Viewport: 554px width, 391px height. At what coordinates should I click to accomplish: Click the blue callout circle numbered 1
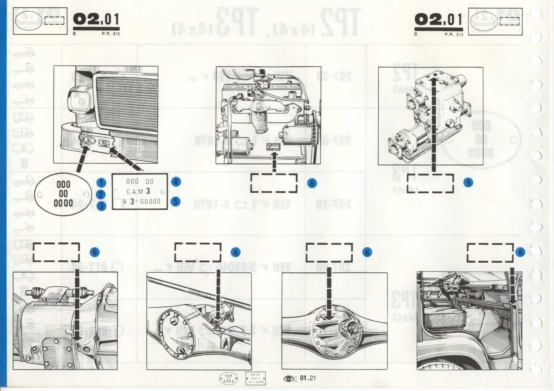101,183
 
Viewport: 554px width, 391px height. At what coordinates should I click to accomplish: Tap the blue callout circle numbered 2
101,195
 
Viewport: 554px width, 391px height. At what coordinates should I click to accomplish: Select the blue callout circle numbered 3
101,206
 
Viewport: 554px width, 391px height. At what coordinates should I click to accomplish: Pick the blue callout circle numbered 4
176,182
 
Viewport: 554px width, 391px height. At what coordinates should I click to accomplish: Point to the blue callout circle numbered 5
176,201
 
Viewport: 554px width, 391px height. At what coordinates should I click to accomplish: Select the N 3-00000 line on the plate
141,201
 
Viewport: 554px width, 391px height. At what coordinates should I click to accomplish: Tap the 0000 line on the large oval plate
63,203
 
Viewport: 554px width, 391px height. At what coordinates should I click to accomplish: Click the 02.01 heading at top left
96,20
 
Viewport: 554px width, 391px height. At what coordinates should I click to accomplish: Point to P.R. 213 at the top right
454,34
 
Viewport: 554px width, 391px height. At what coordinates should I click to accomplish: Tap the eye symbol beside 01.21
290,378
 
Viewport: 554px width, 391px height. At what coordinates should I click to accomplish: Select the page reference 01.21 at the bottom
308,378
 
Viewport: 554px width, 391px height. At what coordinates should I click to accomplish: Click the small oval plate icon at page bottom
229,378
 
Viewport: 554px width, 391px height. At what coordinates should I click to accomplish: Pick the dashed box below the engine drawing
274,183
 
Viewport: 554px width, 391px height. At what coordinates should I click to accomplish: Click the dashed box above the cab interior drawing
490,252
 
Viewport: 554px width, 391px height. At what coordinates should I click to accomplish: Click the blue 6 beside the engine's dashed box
312,183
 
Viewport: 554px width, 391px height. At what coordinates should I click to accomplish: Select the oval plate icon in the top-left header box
28,21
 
